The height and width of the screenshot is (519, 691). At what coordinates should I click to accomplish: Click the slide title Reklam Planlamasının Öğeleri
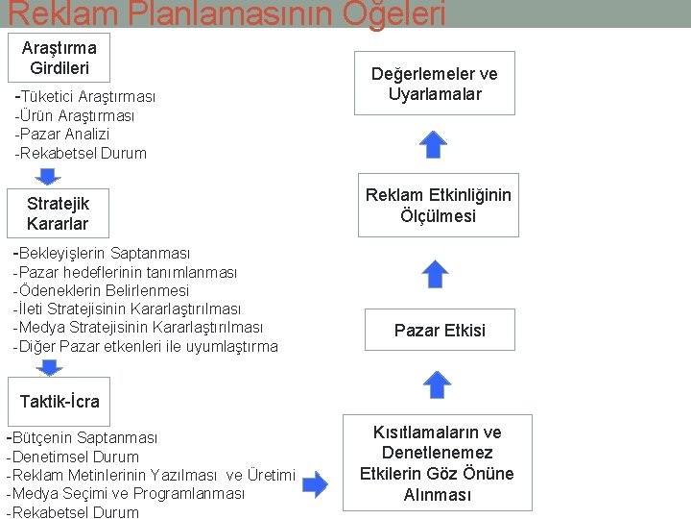226,13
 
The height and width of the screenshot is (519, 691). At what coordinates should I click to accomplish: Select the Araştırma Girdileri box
60,58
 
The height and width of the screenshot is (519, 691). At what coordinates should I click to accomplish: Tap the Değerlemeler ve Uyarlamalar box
436,84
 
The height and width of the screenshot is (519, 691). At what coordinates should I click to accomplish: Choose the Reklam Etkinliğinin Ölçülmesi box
438,206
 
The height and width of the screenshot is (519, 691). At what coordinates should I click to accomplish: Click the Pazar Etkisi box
440,330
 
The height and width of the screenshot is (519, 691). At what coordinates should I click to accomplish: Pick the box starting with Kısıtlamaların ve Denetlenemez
437,463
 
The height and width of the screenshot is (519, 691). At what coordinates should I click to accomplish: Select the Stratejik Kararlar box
58,213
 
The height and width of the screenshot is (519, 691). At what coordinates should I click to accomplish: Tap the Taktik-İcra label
60,401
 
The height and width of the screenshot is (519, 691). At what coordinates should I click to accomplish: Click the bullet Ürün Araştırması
75,115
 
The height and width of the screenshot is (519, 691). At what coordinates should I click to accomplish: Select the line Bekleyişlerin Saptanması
102,253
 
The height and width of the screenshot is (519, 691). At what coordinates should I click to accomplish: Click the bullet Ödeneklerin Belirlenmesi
102,290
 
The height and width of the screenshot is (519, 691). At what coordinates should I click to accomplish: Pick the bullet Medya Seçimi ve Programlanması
126,493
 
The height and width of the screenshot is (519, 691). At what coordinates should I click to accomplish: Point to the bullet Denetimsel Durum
73,457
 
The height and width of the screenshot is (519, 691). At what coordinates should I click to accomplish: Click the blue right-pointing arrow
315,483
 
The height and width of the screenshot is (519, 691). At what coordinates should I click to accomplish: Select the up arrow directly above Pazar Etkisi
436,275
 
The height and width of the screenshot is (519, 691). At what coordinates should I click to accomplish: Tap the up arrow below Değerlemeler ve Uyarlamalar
435,144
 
